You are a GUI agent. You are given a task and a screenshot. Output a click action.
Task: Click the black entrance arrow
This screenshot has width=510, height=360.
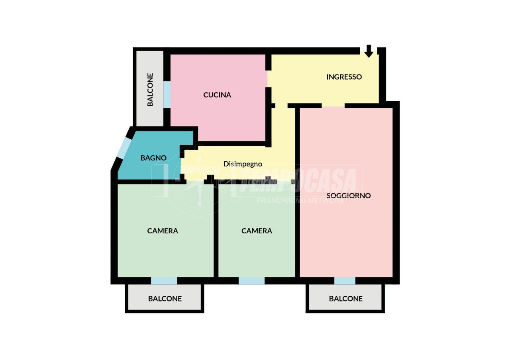pos(369,51)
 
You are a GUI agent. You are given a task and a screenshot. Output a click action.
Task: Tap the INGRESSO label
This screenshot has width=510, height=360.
pos(344,77)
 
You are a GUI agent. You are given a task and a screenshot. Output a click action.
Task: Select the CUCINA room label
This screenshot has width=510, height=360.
pos(217,95)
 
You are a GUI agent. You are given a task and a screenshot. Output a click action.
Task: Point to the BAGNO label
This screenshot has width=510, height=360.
pos(153,158)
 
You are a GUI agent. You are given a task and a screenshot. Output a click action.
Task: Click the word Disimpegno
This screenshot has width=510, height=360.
pos(243,164)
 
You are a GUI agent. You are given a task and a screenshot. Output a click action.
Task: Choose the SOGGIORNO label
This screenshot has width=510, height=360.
pos(348,196)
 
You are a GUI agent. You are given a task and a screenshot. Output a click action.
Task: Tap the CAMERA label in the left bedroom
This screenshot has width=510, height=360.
pos(163,231)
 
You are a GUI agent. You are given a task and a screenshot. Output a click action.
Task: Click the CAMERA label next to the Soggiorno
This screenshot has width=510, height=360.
pos(257,231)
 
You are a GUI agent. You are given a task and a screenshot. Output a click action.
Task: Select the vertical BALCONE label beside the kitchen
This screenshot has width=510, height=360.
pos(150,90)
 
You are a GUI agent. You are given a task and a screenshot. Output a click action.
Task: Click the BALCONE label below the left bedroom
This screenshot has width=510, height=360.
pos(165,299)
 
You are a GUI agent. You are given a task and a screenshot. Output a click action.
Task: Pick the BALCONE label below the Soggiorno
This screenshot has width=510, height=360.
pos(345,299)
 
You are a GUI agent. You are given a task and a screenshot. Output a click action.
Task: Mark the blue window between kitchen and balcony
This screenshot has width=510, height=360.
pos(167,95)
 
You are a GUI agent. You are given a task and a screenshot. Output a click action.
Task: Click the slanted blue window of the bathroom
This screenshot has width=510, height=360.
pos(124,148)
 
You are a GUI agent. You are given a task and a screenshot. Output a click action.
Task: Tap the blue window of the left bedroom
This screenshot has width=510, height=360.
pos(164,281)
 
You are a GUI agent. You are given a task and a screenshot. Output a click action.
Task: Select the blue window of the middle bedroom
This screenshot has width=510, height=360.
pos(251,281)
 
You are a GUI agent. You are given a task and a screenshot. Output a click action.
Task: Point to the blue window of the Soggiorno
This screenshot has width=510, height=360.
pos(345,281)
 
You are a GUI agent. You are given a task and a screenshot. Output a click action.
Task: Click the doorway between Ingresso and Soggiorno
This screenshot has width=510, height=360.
pos(333,106)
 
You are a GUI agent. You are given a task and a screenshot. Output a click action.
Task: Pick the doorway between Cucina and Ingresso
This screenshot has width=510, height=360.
pos(269,79)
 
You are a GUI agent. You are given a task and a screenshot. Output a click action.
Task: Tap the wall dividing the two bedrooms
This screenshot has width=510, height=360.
pos(216,231)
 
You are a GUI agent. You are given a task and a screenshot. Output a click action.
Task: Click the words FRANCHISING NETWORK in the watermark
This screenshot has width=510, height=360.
pos(300,200)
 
